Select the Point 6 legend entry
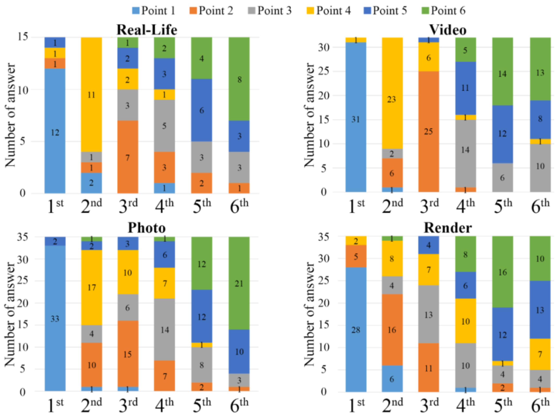coord(443,11)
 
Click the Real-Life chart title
coord(147,30)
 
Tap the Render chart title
coord(447,228)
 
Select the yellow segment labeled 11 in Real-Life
coord(91,94)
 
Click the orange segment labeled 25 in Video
coord(429,131)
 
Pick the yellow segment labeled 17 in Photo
coord(92,287)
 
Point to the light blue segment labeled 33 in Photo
coord(55,318)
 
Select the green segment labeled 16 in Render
coord(502,272)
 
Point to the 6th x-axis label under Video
coord(540,206)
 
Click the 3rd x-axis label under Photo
coord(128,405)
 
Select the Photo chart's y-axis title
coord(10,314)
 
